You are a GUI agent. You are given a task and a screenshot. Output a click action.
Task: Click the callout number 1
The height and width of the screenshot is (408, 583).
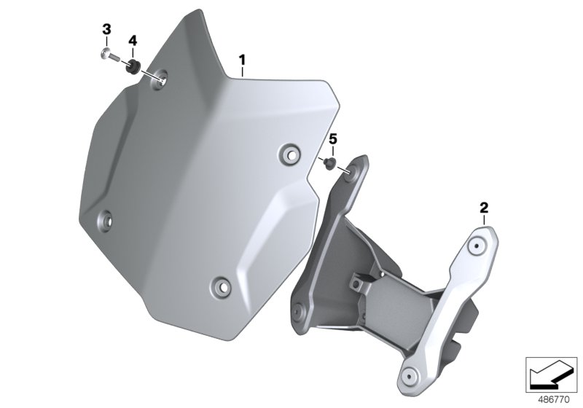[243, 60]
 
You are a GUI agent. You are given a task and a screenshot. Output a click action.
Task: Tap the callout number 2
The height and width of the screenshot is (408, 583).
[484, 208]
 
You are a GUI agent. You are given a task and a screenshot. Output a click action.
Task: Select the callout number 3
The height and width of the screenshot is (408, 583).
[106, 28]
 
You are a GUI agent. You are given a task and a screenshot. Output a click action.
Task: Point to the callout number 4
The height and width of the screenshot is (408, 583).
[133, 41]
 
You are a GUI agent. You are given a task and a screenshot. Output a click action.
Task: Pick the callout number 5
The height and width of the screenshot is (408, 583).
[333, 139]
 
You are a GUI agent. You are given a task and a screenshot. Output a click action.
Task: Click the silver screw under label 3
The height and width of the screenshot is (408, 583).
[110, 55]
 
